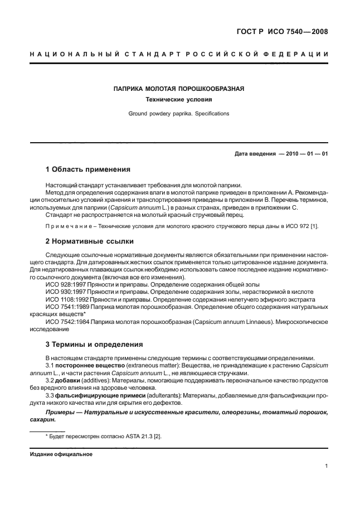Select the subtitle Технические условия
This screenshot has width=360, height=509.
(179, 100)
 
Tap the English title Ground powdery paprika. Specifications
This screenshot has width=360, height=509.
(179, 113)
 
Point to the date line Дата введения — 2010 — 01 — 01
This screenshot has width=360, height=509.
(281, 153)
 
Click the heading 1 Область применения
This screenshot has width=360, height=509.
(87, 169)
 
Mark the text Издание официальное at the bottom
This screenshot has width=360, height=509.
(61, 454)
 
